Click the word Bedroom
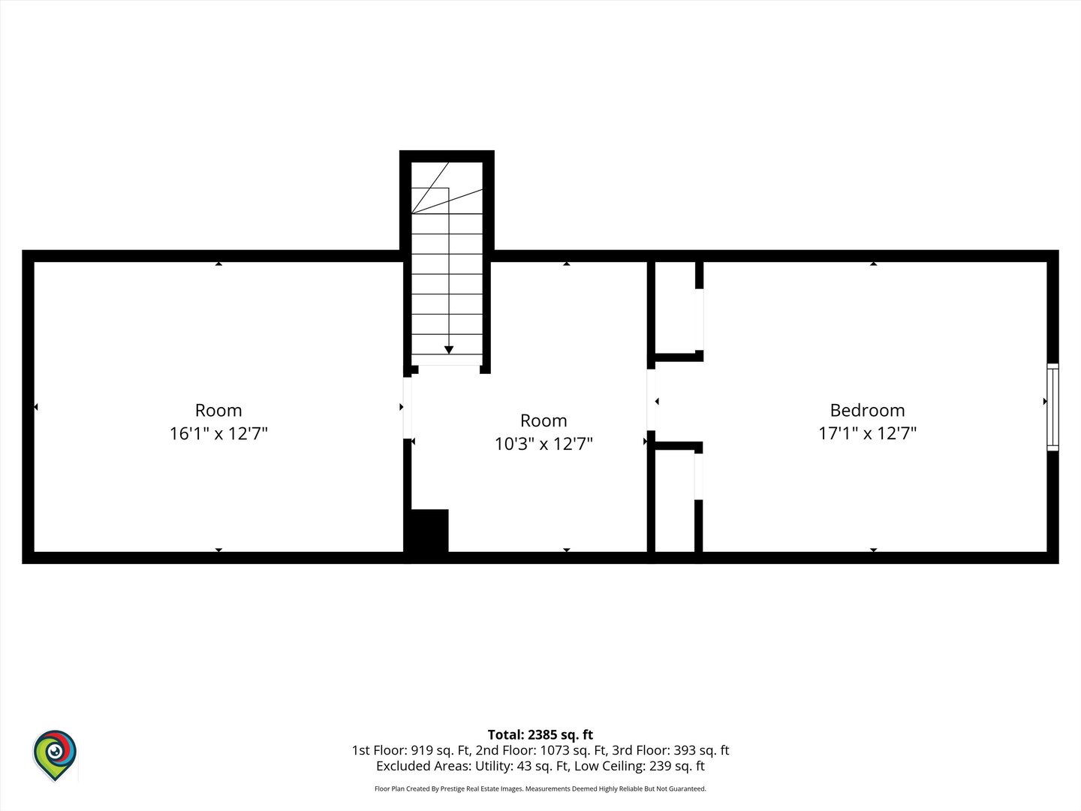[x=867, y=410]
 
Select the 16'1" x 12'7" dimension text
[x=218, y=433]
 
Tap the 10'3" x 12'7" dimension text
[x=544, y=444]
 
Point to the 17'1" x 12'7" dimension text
[x=867, y=433]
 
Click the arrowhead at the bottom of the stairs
[x=449, y=350]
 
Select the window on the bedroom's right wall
[x=1052, y=407]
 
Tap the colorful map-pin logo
[x=55, y=755]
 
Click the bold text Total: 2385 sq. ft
[x=540, y=734]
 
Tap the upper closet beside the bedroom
[x=675, y=308]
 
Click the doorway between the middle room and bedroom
[x=651, y=399]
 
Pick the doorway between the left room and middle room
[x=408, y=408]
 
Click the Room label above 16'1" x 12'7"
[x=218, y=410]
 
